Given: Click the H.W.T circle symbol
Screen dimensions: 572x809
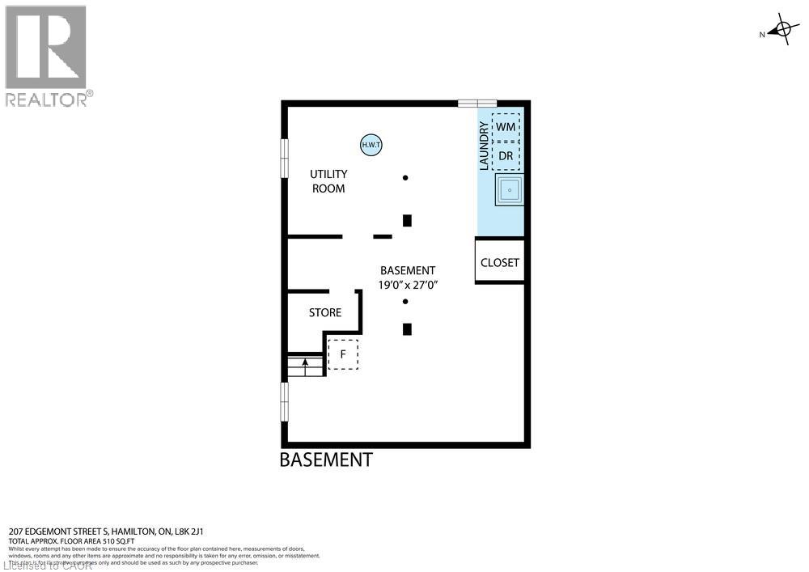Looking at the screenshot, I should [371, 145].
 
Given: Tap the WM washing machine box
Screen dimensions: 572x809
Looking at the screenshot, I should [506, 127].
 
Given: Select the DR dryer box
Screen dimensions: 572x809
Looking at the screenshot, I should [506, 155].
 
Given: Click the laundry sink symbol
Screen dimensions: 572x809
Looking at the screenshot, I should [510, 190].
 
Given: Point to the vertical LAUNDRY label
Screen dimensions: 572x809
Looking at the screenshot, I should [484, 146].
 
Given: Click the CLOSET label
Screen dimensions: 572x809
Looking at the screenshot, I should [500, 263].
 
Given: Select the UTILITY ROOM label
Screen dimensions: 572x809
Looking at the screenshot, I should [328, 181].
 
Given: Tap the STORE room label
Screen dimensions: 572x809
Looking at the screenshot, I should [325, 312].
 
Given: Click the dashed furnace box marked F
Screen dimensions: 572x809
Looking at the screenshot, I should [343, 354].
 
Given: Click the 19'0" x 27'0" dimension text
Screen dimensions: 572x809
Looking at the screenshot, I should [408, 285].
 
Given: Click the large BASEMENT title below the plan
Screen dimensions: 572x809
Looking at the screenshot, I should [326, 460].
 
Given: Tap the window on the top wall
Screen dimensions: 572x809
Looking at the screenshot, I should [477, 103].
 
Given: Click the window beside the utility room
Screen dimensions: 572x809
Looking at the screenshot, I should [285, 157].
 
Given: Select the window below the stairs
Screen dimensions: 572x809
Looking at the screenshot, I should [285, 401].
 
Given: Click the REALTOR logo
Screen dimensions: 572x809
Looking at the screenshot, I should [47, 56].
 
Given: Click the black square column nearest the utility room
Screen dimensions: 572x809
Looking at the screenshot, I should [408, 220].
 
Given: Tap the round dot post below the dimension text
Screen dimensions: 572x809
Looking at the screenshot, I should [405, 302].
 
